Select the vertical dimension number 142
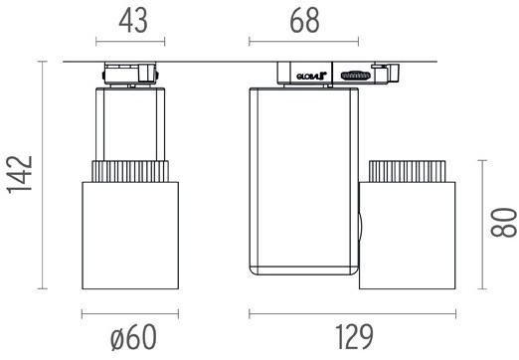[x=18, y=175]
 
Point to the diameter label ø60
[x=133, y=338]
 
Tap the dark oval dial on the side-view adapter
[x=353, y=75]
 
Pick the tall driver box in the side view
[x=301, y=179]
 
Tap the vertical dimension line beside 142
[x=43, y=175]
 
